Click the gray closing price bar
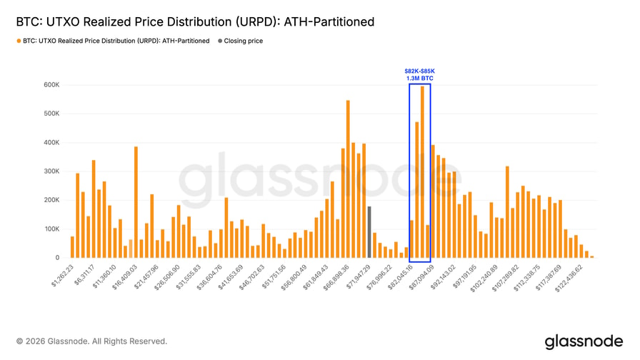pos(369,232)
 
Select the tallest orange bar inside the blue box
pos(422,172)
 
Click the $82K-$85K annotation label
pos(419,71)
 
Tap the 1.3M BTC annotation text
pos(419,79)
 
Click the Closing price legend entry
pos(243,41)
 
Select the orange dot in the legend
pos(19,41)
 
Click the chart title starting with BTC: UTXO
pos(195,22)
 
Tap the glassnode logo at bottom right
pos(584,341)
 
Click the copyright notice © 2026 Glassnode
pos(91,341)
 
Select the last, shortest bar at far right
pos(591,256)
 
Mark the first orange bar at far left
pos(72,247)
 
